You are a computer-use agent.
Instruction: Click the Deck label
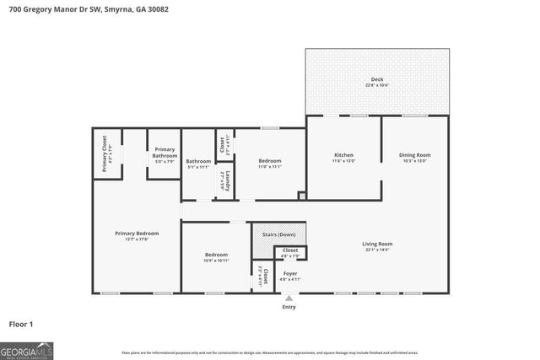click(x=377, y=79)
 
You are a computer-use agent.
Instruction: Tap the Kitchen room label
click(x=343, y=155)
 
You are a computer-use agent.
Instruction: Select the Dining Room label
click(x=415, y=155)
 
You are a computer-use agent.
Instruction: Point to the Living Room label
click(x=378, y=244)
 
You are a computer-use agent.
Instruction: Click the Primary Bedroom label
click(x=137, y=234)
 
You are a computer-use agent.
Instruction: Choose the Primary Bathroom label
click(x=165, y=153)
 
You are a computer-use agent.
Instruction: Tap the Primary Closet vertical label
click(x=105, y=154)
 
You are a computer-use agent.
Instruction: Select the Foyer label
click(x=289, y=273)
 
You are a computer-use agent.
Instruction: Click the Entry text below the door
click(x=289, y=307)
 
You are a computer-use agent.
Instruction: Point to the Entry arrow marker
click(x=289, y=298)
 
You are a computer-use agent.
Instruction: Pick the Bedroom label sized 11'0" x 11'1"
click(x=270, y=161)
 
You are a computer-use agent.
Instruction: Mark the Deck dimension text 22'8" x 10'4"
click(x=377, y=85)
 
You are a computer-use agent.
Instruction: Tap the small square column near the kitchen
click(x=302, y=196)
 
